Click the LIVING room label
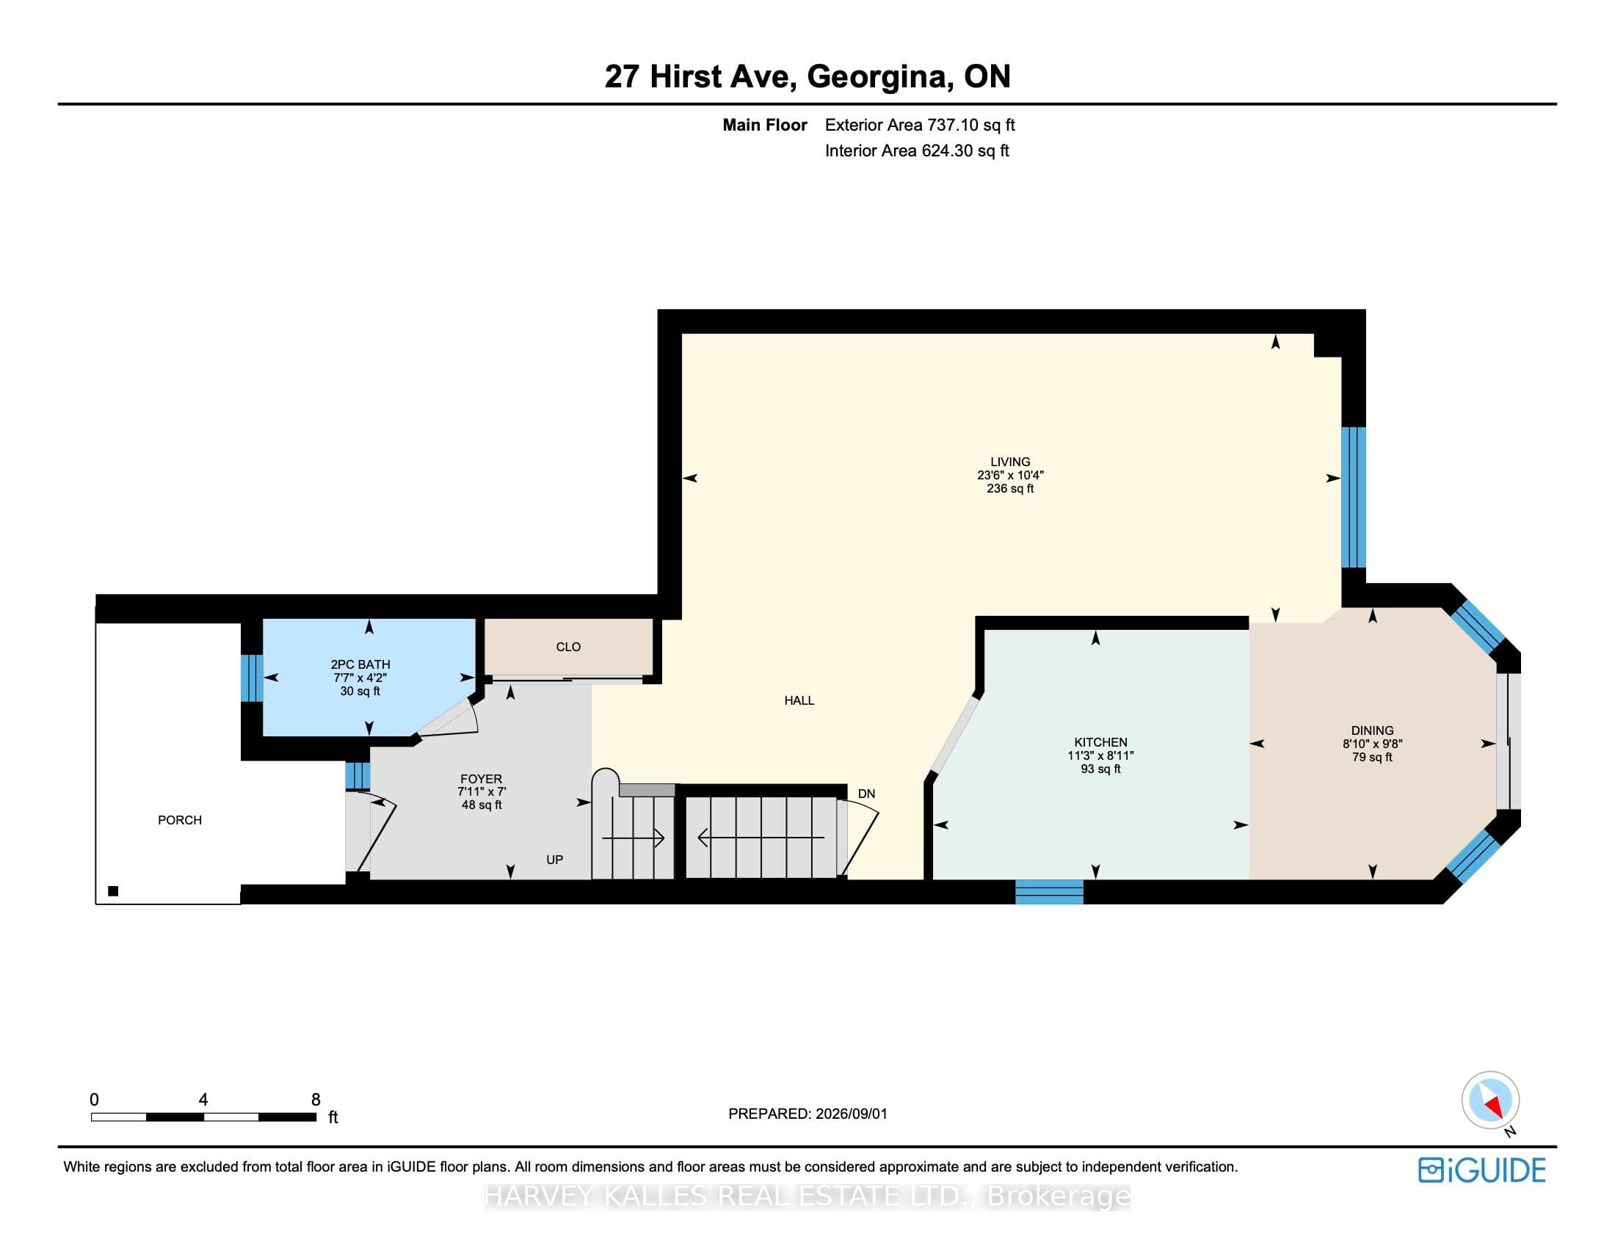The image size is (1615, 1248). (x=1010, y=462)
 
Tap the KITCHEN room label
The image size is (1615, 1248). (x=1100, y=742)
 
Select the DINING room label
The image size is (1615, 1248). (x=1373, y=730)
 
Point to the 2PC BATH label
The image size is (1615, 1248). (x=360, y=664)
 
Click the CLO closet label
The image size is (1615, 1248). (x=568, y=647)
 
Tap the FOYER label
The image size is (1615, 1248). (x=482, y=779)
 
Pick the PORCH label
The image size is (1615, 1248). (x=180, y=820)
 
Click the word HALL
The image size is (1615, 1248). (x=799, y=700)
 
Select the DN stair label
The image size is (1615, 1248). (x=867, y=794)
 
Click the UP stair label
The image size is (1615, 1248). (x=554, y=860)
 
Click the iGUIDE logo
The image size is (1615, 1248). (x=1482, y=1169)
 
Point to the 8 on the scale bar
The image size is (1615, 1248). (x=316, y=1100)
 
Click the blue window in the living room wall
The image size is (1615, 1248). (x=1353, y=497)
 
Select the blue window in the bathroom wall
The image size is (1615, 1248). (x=252, y=678)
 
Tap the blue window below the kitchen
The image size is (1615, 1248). (x=1049, y=892)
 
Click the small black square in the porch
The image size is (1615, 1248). (x=113, y=891)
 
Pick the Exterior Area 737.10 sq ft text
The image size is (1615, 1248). (x=920, y=125)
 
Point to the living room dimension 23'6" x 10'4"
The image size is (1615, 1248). (x=1010, y=476)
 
